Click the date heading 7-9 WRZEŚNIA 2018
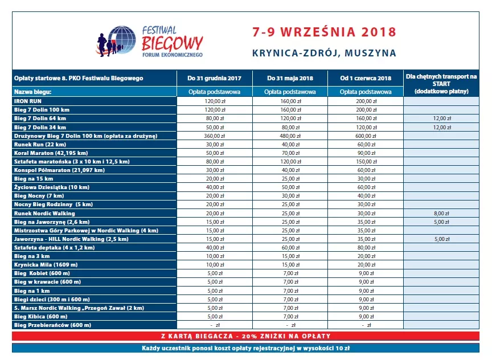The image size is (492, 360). (323, 31)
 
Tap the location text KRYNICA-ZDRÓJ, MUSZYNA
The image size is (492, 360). (323, 53)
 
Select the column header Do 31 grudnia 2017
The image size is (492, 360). (214, 78)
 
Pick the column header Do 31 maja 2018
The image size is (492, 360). (290, 78)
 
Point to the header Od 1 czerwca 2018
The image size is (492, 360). (366, 78)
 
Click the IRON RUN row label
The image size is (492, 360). (27, 100)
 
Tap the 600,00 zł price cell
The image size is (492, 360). (366, 136)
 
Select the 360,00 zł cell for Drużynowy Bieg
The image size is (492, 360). (214, 136)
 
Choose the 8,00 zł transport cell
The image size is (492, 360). (442, 214)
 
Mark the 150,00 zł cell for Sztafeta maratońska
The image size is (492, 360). (366, 162)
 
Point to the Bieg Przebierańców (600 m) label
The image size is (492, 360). (52, 325)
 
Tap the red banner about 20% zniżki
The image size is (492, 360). (245, 336)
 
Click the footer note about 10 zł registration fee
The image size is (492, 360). (245, 347)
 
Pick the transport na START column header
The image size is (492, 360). (442, 83)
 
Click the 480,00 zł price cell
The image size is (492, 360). (290, 136)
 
